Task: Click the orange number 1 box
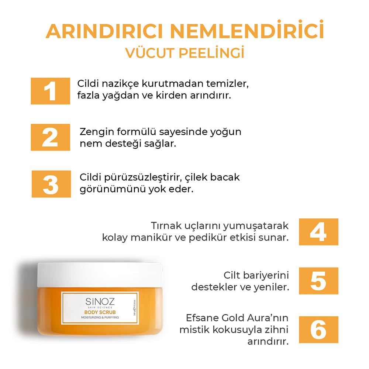click(x=50, y=91)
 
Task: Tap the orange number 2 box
click(x=50, y=137)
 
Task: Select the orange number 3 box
click(x=51, y=184)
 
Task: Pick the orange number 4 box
click(x=318, y=232)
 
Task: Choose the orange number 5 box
click(x=318, y=281)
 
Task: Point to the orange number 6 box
click(x=318, y=329)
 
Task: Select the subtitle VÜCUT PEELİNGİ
click(x=184, y=52)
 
